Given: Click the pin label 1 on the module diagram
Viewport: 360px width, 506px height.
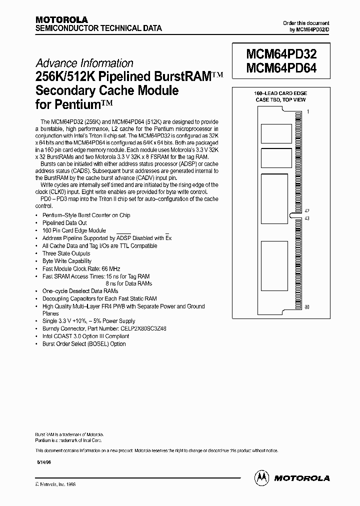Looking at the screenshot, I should coord(308,112).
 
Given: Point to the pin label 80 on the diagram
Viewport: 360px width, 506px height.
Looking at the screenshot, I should coord(307,306).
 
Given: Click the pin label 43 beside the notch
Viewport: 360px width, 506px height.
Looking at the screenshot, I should coord(307,218).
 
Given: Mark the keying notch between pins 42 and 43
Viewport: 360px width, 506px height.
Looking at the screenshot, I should coord(300,215).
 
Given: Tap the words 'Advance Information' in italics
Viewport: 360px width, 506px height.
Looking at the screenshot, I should coord(84,63).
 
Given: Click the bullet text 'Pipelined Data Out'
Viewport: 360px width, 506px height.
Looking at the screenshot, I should coord(64,223).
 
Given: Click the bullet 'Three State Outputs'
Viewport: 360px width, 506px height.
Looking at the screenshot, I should coord(66,253).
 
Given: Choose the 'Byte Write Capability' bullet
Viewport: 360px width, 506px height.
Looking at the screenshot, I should coord(67,261).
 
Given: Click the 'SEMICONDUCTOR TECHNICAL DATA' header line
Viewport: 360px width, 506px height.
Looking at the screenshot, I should coord(98,28).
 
